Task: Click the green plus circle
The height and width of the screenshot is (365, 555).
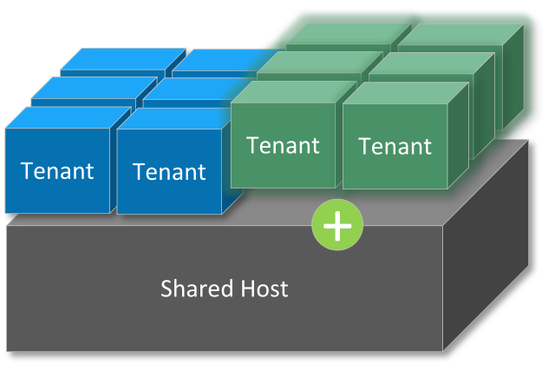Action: [x=337, y=226]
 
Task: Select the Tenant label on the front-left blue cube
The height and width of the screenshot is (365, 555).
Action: [x=57, y=170]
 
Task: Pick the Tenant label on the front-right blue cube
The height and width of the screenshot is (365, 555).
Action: [x=170, y=171]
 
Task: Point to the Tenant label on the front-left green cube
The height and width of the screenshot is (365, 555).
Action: [x=283, y=145]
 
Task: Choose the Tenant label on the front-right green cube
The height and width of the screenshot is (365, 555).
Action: [x=395, y=147]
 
